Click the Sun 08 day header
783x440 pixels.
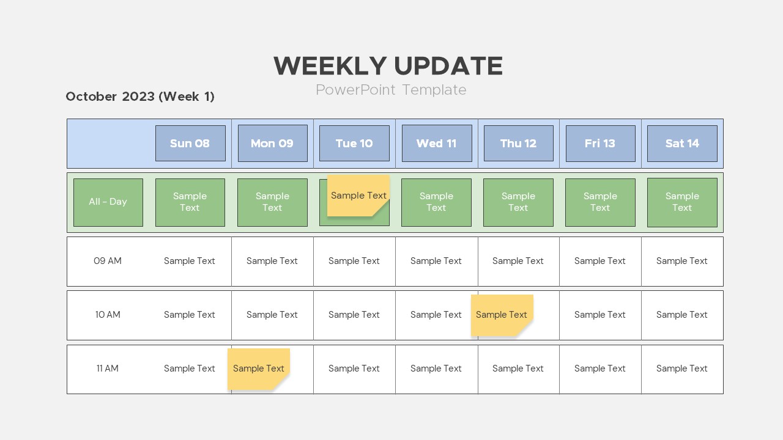[190, 143]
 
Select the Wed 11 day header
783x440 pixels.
[437, 143]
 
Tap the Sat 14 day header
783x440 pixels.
[682, 143]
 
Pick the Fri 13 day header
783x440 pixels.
[600, 143]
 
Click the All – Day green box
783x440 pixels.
[108, 202]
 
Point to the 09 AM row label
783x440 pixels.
[108, 261]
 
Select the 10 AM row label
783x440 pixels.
[108, 315]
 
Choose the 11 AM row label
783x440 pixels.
[108, 369]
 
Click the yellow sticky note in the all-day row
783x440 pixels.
[358, 196]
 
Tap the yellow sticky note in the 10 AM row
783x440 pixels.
[502, 315]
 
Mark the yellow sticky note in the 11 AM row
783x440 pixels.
[259, 369]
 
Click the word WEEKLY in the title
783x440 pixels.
[330, 65]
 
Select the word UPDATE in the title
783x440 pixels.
[448, 65]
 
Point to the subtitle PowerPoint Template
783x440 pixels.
[391, 90]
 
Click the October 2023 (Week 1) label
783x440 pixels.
[140, 97]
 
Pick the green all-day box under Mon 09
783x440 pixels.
[272, 202]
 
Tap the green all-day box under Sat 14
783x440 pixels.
[682, 202]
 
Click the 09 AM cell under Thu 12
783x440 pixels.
[518, 262]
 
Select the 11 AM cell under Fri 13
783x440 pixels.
[600, 369]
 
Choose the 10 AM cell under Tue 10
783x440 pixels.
[354, 315]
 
